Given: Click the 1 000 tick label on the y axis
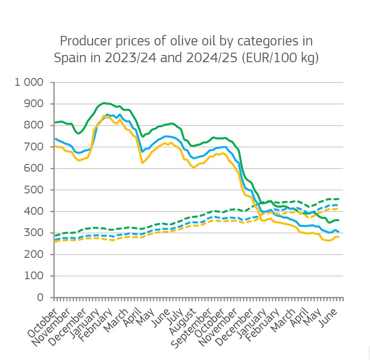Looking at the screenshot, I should click(x=29, y=83).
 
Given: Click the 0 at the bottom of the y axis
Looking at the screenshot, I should click(x=40, y=298).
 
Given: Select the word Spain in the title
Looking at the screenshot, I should click(x=69, y=58).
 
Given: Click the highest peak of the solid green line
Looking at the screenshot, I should click(x=104, y=103).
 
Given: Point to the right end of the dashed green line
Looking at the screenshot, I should click(x=339, y=199).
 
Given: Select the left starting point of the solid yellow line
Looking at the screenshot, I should click(x=55, y=146).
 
